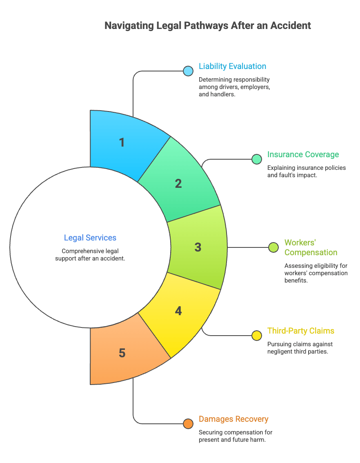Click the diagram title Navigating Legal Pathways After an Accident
point(208,26)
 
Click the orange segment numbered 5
point(124,352)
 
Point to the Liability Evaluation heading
point(232,66)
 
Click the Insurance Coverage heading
point(303,154)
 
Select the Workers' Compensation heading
point(311,247)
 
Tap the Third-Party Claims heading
point(301,331)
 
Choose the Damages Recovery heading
point(233,419)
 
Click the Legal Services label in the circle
point(90,238)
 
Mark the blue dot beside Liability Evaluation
point(188,71)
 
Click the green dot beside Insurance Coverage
point(257,159)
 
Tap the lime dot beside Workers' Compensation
point(273,247)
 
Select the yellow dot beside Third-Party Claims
point(257,336)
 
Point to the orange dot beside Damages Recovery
point(188,424)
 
